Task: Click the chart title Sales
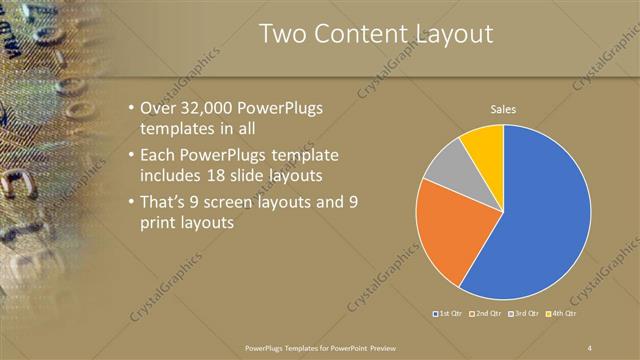point(503,109)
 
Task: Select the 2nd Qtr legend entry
point(486,314)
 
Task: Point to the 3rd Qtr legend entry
point(524,314)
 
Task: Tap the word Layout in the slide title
point(446,34)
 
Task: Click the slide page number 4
point(590,347)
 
